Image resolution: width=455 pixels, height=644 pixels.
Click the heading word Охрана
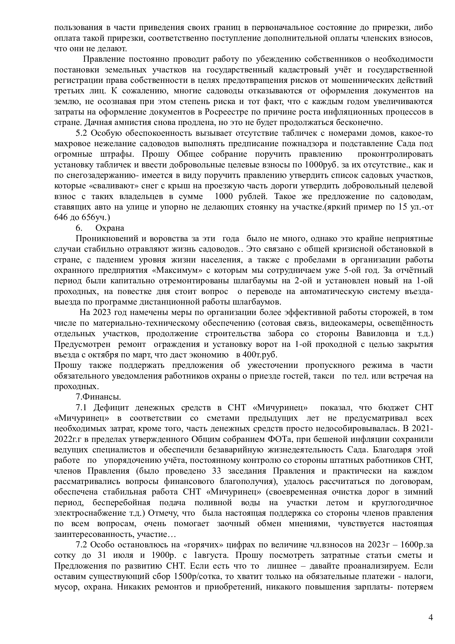click(x=110, y=228)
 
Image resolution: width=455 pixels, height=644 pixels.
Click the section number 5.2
click(x=82, y=133)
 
